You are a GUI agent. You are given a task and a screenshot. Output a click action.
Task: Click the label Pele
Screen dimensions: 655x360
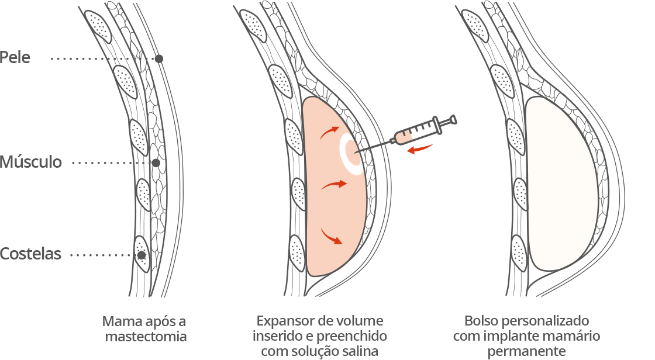click(x=15, y=57)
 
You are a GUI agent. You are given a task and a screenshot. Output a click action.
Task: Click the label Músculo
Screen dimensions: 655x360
click(x=31, y=162)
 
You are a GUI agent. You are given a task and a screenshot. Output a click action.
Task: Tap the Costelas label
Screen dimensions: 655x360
click(x=30, y=254)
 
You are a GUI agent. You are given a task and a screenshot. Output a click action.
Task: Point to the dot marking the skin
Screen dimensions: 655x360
click(x=158, y=59)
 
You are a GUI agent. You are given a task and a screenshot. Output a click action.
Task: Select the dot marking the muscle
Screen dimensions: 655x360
click(x=156, y=163)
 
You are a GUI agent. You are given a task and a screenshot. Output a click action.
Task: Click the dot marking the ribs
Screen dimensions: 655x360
click(x=142, y=255)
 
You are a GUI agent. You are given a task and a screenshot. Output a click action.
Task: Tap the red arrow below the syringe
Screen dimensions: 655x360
click(x=420, y=148)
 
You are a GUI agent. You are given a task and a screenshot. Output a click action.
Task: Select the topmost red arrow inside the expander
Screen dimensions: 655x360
click(x=330, y=133)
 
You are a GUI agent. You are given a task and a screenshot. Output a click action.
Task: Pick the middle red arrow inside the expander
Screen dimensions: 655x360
click(x=334, y=185)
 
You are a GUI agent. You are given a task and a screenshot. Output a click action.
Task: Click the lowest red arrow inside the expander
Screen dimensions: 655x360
click(x=331, y=237)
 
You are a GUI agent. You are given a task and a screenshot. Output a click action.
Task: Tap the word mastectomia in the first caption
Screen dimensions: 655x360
click(x=146, y=337)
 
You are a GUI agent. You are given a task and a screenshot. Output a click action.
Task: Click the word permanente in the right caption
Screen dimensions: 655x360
click(x=527, y=351)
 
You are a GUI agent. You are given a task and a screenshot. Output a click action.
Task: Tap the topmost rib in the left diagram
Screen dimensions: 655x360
click(x=99, y=26)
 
